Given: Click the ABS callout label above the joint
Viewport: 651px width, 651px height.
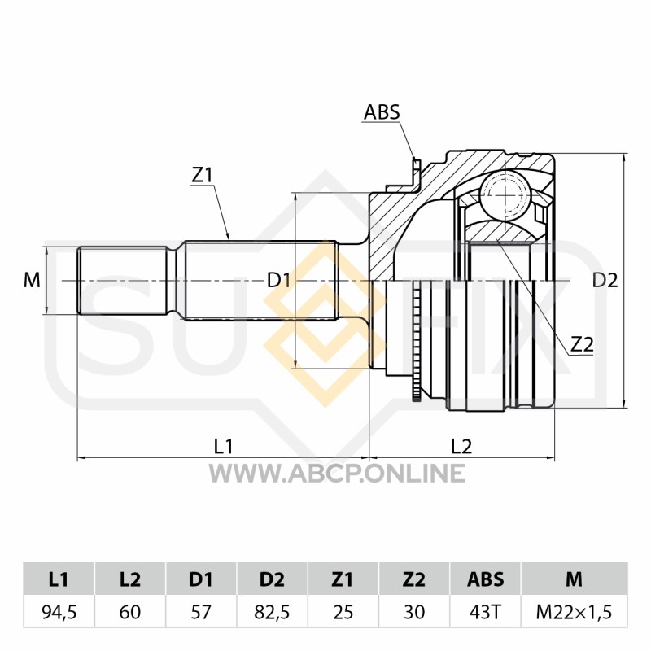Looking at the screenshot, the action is pos(382,112).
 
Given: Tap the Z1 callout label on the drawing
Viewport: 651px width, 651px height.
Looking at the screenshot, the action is pos(202,176).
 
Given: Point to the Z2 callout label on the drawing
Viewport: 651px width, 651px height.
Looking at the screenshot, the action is pos(582,344).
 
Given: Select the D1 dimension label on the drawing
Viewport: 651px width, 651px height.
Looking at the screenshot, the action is pos(278,281).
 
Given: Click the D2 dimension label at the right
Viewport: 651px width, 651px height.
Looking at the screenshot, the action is pos(605,281).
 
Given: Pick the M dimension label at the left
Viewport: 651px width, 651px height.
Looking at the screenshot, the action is pos(32,281).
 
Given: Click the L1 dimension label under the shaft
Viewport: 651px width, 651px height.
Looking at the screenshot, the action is pos(223,447).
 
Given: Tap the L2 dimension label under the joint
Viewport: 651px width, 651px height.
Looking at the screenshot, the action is pos(461,447).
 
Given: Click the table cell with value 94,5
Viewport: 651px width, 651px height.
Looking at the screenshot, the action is pos(59,613).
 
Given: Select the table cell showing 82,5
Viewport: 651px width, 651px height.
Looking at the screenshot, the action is pos(272,613).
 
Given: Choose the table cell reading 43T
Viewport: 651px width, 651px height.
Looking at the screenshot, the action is pos(485,613).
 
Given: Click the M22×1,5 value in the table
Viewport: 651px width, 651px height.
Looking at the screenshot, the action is pos(575,613).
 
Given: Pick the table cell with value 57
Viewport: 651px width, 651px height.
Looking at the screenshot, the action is pos(201,613).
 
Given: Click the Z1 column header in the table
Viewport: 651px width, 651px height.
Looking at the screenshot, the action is pos(343,579).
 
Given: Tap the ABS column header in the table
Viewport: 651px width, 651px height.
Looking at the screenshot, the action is pos(485,579).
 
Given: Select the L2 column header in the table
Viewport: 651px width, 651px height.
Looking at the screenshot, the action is pos(130,579).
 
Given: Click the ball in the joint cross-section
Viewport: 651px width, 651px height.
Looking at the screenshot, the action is pos(505,193).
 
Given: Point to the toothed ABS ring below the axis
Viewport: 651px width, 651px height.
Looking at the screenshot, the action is pos(416,341).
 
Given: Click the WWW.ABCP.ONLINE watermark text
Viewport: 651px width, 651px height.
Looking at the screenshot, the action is pos(337,473).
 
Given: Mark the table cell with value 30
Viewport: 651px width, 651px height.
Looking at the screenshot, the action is pos(414,613).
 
